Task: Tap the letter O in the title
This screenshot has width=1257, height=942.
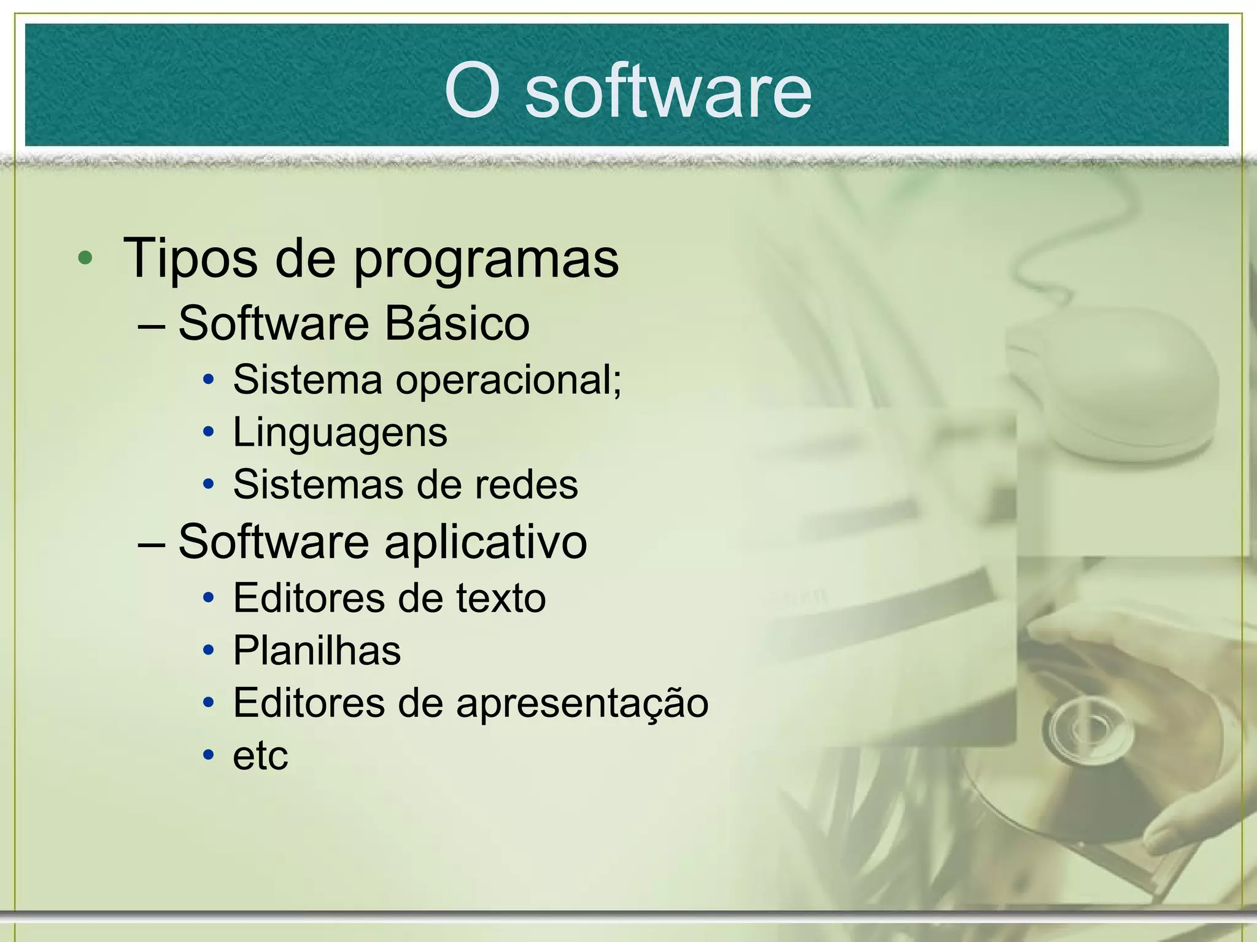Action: (x=471, y=93)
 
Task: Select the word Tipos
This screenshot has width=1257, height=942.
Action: (x=190, y=259)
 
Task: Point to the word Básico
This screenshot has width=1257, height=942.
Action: (x=457, y=323)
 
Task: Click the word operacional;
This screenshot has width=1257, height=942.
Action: (x=509, y=381)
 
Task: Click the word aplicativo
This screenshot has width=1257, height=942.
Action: (x=485, y=543)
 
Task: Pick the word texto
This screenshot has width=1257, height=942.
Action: (x=501, y=599)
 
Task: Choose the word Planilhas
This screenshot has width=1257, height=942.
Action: (x=317, y=651)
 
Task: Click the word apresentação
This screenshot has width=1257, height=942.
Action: (x=582, y=704)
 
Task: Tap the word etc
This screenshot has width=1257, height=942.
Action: (x=260, y=756)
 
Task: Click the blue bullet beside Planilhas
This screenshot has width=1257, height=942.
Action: (x=209, y=650)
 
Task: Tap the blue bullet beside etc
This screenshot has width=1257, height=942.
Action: (x=209, y=755)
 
